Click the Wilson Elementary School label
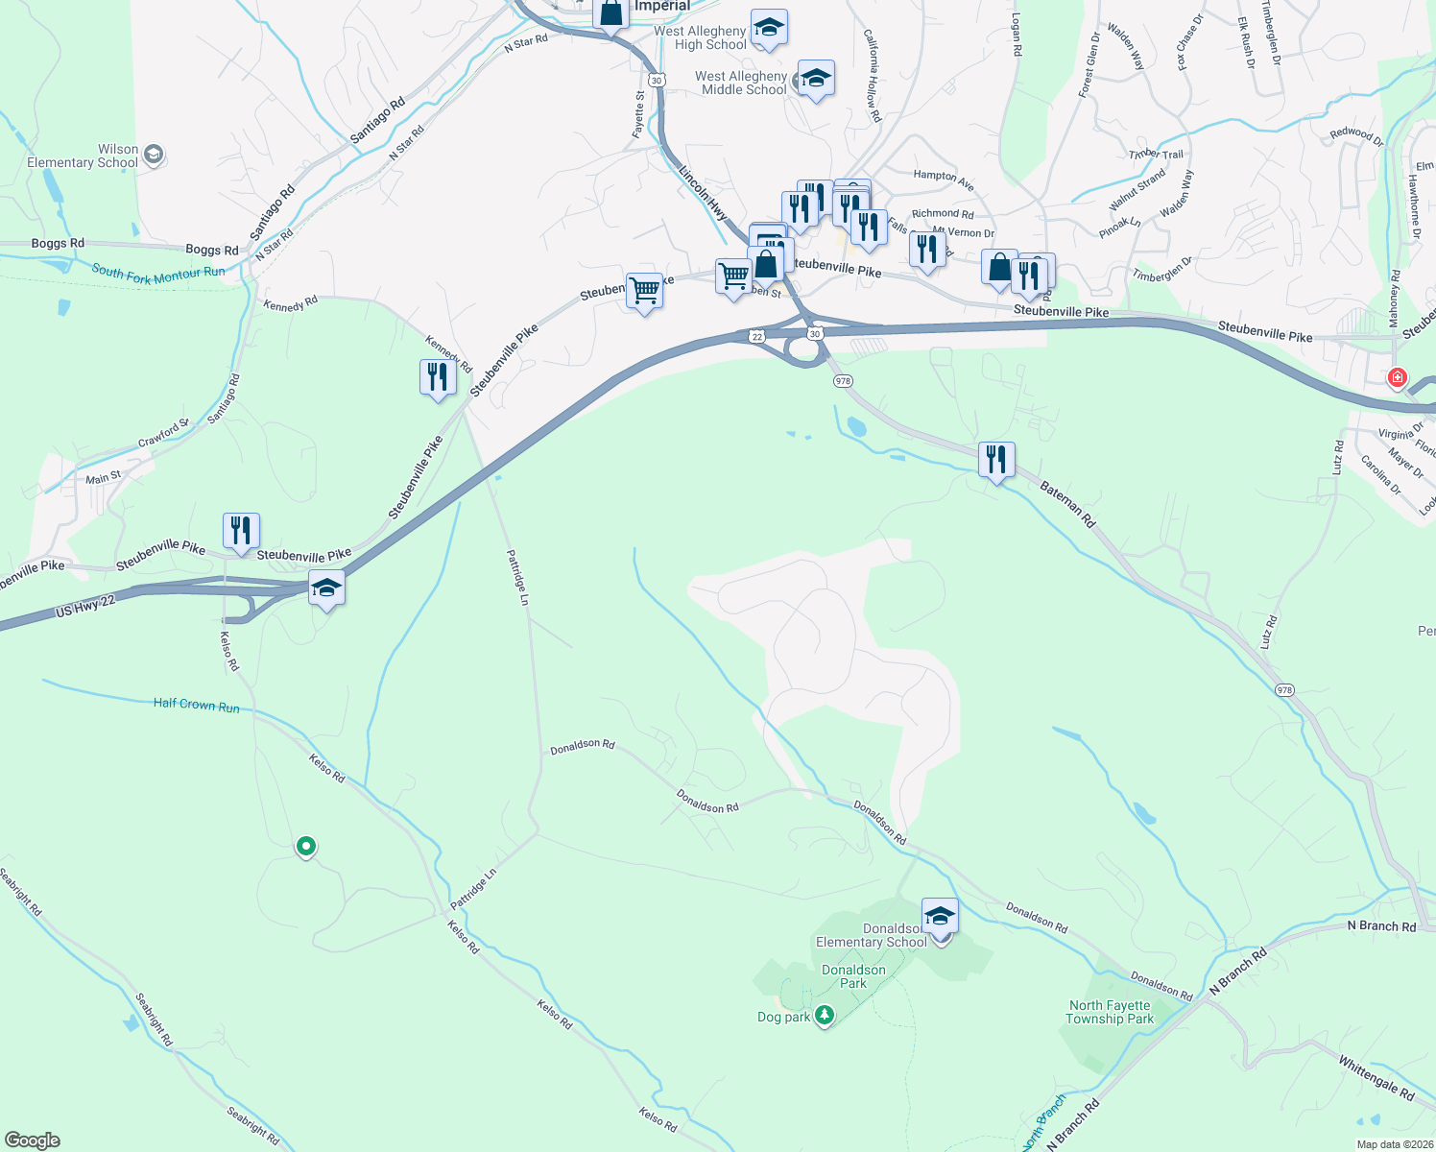(x=83, y=156)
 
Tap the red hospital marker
(x=1398, y=377)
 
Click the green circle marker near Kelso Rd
(x=306, y=846)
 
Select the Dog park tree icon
(x=824, y=1016)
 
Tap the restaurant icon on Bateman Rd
(x=996, y=460)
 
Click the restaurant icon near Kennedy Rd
(x=438, y=376)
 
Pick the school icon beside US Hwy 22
(x=326, y=588)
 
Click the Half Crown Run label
(x=197, y=705)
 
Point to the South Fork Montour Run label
(x=158, y=274)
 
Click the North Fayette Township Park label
(x=1110, y=1013)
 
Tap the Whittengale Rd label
(x=1376, y=1078)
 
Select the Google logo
(x=33, y=1140)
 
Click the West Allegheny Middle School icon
(x=816, y=79)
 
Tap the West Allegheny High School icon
(x=769, y=28)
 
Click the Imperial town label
(x=661, y=7)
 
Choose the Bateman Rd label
(x=1067, y=505)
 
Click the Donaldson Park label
(x=853, y=976)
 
